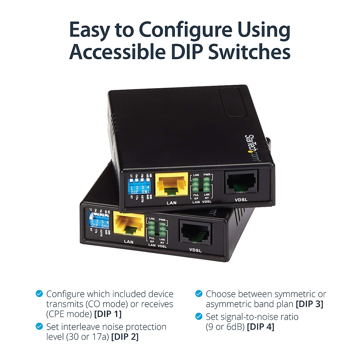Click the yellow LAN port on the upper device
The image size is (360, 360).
coord(171,184)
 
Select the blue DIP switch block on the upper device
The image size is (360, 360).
coord(139,186)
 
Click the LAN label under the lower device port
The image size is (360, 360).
coord(128,241)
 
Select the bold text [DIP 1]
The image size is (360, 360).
coord(108,314)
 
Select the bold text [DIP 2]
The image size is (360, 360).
coord(125,337)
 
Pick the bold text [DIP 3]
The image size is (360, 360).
coord(310,304)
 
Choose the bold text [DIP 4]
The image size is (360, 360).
coord(261,327)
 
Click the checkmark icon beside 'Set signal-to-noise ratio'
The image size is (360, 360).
coord(199,316)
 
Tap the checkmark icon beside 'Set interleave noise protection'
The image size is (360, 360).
coord(39,326)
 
